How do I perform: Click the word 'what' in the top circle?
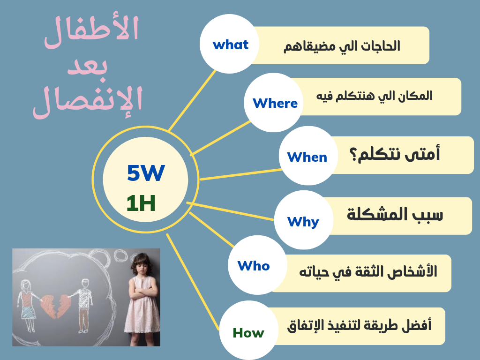click(x=231, y=45)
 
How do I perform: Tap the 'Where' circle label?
click(x=275, y=103)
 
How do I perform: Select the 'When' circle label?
click(x=307, y=157)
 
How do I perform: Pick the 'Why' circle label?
click(x=303, y=221)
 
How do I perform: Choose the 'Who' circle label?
click(x=254, y=266)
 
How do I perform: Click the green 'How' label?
click(x=248, y=333)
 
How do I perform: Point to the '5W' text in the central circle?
click(x=146, y=172)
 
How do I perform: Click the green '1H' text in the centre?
click(x=141, y=203)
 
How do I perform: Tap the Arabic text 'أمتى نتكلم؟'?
click(x=395, y=154)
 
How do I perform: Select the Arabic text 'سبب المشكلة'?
click(x=395, y=214)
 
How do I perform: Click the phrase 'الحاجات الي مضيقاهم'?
click(x=342, y=46)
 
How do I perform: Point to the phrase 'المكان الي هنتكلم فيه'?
click(x=375, y=96)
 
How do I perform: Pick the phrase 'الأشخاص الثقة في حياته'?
click(x=368, y=272)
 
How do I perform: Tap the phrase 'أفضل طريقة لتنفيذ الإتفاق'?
click(x=359, y=325)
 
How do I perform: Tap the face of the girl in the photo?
click(x=141, y=267)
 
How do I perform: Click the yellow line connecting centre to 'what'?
click(x=192, y=101)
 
